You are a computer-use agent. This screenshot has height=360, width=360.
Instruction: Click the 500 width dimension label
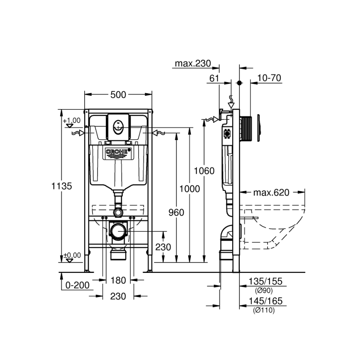point(118,95)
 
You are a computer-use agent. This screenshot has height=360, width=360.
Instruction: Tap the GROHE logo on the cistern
point(118,152)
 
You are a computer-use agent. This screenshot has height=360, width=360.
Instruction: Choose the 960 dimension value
point(176,212)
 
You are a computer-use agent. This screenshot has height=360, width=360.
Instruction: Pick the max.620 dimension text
point(271,192)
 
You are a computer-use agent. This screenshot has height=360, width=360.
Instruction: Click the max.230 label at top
point(192,63)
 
